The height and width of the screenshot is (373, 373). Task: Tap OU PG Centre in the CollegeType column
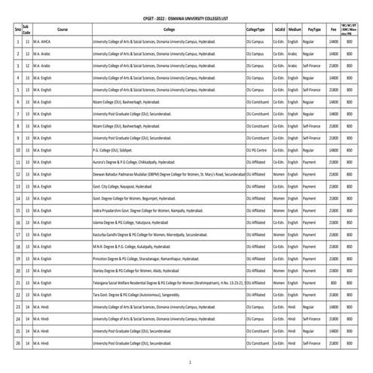coord(258,149)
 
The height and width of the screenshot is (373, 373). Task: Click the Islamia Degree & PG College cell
coord(130,222)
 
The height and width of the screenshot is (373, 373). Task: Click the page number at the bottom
coord(190,362)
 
